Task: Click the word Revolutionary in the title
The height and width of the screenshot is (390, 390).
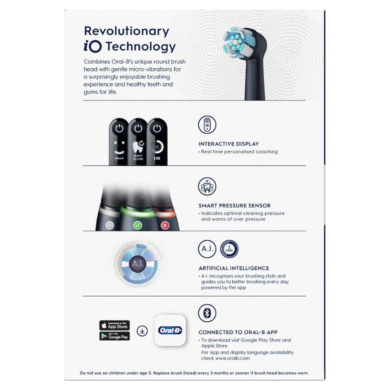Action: click(126, 31)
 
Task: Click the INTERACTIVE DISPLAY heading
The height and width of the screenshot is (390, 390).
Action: click(228, 144)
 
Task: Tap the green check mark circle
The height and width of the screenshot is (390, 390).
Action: click(138, 226)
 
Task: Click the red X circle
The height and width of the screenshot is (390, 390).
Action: click(164, 226)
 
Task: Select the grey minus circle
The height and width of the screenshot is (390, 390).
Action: click(110, 226)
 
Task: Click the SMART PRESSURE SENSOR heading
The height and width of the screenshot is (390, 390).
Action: click(234, 206)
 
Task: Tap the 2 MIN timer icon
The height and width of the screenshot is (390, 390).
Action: click(229, 249)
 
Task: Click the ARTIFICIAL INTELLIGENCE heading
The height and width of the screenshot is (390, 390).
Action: click(233, 268)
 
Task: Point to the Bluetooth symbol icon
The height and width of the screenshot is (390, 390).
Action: click(207, 313)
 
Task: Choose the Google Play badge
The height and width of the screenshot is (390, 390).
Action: click(115, 336)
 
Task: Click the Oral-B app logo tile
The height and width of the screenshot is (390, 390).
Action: click(170, 330)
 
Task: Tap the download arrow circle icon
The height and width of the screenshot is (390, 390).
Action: click(142, 330)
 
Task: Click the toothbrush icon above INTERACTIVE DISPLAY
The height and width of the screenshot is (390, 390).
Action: click(207, 125)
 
